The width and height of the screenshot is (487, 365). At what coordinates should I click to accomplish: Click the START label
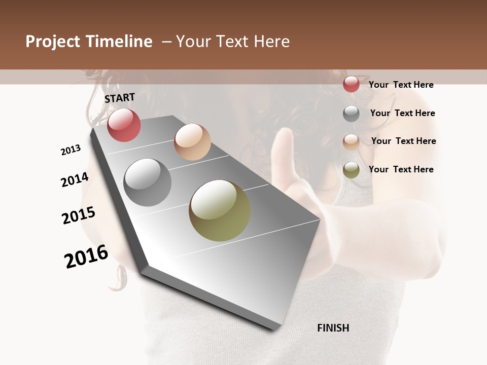[x=120, y=98]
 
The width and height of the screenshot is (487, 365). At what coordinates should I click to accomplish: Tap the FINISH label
[x=333, y=328]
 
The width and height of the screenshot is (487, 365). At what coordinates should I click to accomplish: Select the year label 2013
[x=71, y=150]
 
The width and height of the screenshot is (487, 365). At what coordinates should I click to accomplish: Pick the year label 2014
[x=75, y=180]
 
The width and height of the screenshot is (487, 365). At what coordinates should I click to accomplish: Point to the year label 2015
[x=79, y=215]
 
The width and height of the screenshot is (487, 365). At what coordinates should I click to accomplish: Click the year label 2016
[x=86, y=257]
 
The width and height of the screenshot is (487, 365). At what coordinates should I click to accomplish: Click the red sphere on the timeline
[x=124, y=125]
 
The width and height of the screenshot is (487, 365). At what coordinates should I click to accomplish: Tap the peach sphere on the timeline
[x=192, y=142]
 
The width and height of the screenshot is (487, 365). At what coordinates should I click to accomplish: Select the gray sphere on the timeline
[x=148, y=182]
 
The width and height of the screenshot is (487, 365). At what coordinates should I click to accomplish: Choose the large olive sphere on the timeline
[x=220, y=210]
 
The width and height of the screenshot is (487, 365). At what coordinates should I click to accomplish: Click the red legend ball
[x=351, y=84]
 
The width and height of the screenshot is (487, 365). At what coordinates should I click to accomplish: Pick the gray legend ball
[x=351, y=114]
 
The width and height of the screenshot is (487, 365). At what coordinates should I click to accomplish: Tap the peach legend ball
[x=351, y=142]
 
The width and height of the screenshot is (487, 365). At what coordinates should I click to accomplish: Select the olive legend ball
[x=351, y=170]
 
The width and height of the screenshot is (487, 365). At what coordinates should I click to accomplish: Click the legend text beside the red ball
[x=401, y=85]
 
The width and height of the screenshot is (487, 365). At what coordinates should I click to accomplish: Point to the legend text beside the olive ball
[x=401, y=169]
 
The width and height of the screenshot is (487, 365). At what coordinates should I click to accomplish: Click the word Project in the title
[x=52, y=42]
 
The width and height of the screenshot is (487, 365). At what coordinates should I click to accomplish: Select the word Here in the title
[x=272, y=42]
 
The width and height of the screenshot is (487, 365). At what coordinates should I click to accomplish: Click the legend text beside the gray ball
[x=402, y=113]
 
